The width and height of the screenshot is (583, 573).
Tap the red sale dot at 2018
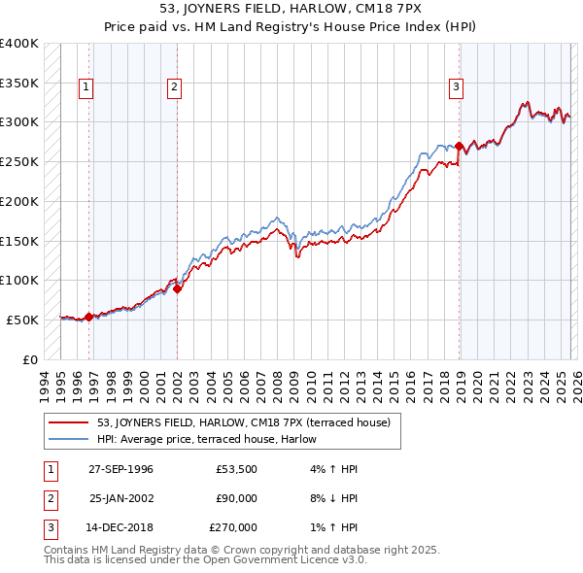tap(459, 146)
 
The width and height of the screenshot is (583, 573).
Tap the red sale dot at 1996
tap(89, 316)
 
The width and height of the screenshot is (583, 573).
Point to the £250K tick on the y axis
tap(19, 161)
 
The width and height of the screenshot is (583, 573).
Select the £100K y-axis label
tap(19, 280)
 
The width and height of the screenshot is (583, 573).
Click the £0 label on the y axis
tap(30, 358)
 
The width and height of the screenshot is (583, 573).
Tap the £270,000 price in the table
tap(233, 527)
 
